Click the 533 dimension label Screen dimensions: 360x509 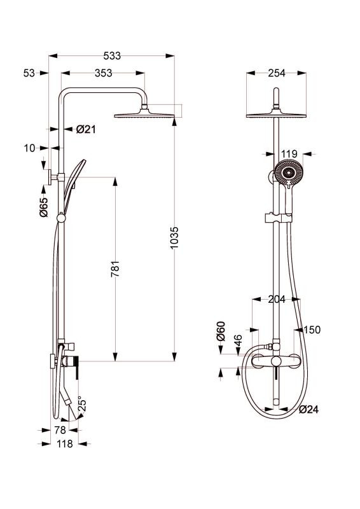112,56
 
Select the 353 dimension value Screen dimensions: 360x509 103,73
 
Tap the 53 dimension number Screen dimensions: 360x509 29,73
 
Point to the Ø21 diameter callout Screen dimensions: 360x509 86,130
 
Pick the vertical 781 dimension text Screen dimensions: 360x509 115,268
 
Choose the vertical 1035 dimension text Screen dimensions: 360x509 174,238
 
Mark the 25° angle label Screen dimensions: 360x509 82,403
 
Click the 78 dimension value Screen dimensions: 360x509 60,430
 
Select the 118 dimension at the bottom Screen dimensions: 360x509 65,443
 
